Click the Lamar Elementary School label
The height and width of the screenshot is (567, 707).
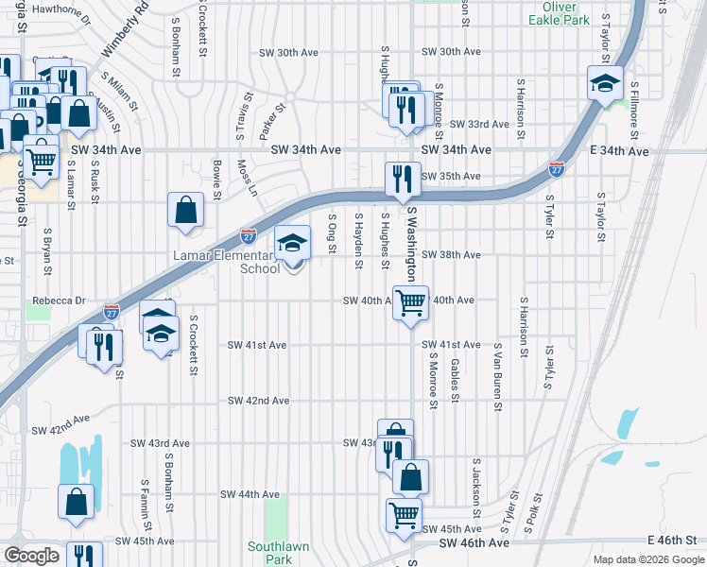[226, 262]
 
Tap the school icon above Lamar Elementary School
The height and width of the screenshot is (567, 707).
[292, 244]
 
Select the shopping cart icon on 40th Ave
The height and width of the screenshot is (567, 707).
[410, 303]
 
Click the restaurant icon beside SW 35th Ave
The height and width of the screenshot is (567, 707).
[402, 179]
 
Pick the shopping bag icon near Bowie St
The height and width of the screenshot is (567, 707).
[186, 210]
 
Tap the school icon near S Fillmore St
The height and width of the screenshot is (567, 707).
[605, 83]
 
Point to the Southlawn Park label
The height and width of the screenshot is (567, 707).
[270, 553]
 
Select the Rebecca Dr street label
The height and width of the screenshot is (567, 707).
[53, 301]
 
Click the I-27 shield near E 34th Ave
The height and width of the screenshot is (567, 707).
[557, 169]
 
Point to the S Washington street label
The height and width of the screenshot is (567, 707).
[412, 247]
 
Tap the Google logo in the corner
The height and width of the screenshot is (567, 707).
[31, 556]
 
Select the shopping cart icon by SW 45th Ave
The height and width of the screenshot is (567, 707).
[404, 516]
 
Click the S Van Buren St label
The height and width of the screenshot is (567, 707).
[497, 377]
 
